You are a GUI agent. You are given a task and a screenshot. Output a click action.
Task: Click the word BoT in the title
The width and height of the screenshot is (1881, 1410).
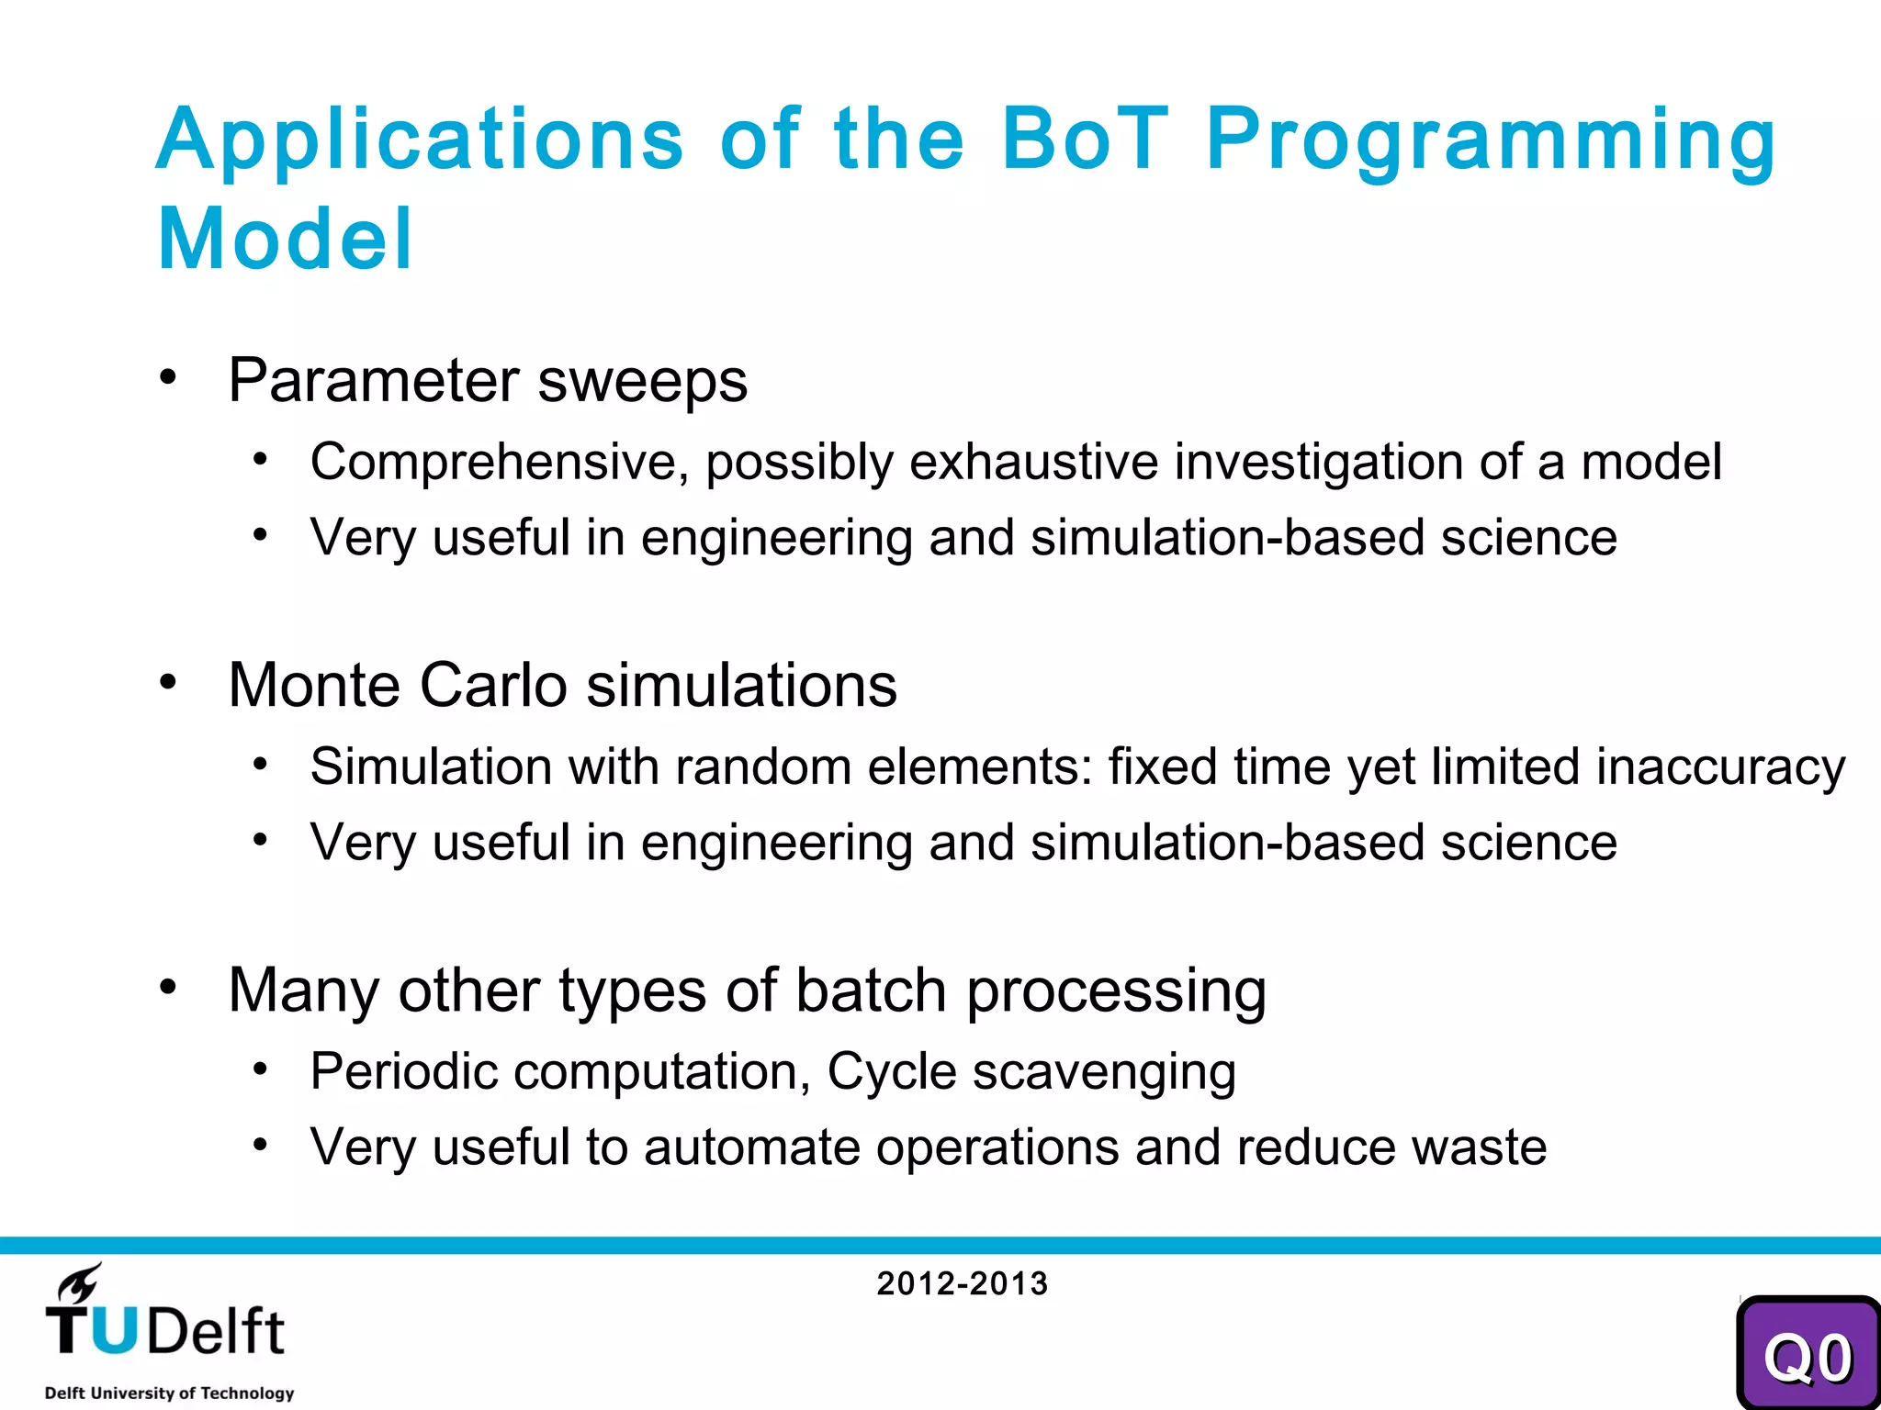coord(1084,140)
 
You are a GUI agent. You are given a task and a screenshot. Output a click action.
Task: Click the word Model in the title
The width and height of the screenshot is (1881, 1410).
coord(286,240)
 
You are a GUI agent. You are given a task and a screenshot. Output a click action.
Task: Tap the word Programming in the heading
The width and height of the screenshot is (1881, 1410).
coord(1491,140)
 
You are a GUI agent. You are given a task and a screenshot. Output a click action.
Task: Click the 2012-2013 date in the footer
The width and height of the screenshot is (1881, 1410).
coord(962,1283)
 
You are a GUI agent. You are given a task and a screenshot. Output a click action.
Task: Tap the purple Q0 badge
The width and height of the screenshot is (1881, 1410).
coord(1807,1357)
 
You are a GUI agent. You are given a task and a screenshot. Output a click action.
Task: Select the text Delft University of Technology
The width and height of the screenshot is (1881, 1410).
coord(169,1393)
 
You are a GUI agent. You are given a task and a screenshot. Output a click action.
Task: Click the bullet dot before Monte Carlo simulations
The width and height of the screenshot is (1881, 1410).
coord(167,682)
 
